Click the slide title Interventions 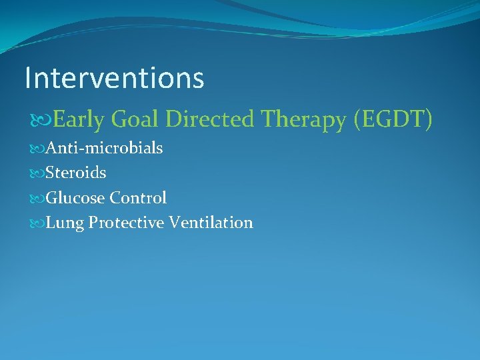114,78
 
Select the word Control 138,198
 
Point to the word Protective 126,223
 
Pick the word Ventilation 211,223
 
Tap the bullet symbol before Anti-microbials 35,149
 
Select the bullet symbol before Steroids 35,173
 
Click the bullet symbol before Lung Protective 35,223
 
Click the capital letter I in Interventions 28,78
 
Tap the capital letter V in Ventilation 174,223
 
